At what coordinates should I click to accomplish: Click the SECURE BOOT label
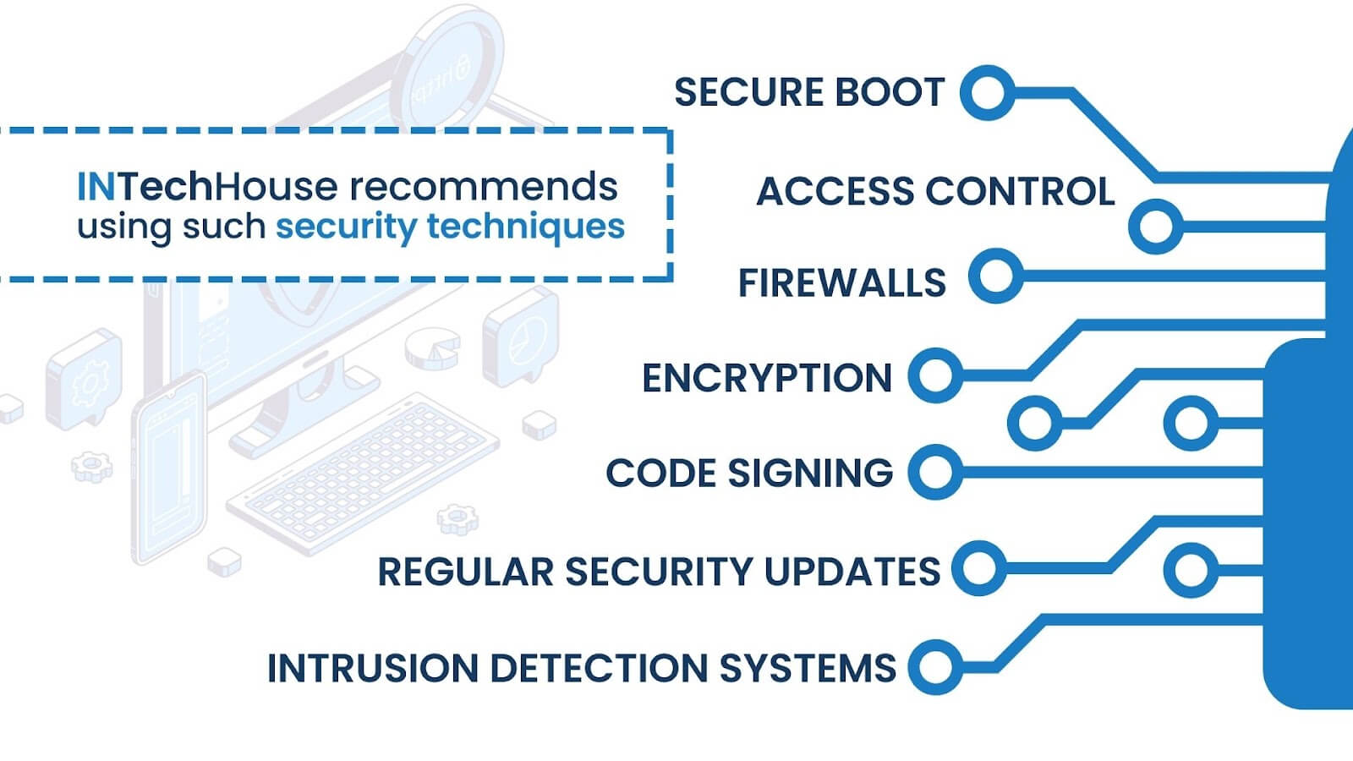808,92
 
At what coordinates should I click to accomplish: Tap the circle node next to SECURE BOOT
987,92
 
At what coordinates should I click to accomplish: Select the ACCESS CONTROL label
934,191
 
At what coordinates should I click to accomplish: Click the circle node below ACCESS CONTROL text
1155,226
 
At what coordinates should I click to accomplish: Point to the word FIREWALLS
841,282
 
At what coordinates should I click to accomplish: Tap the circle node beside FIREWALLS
995,276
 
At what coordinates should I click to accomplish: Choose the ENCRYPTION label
767,378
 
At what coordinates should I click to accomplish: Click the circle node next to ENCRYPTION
935,375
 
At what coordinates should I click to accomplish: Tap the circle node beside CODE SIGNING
935,471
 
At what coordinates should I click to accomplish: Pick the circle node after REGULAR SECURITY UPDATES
978,568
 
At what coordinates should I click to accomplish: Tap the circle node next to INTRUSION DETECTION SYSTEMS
935,667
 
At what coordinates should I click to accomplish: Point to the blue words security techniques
450,227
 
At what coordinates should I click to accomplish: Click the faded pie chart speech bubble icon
522,338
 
